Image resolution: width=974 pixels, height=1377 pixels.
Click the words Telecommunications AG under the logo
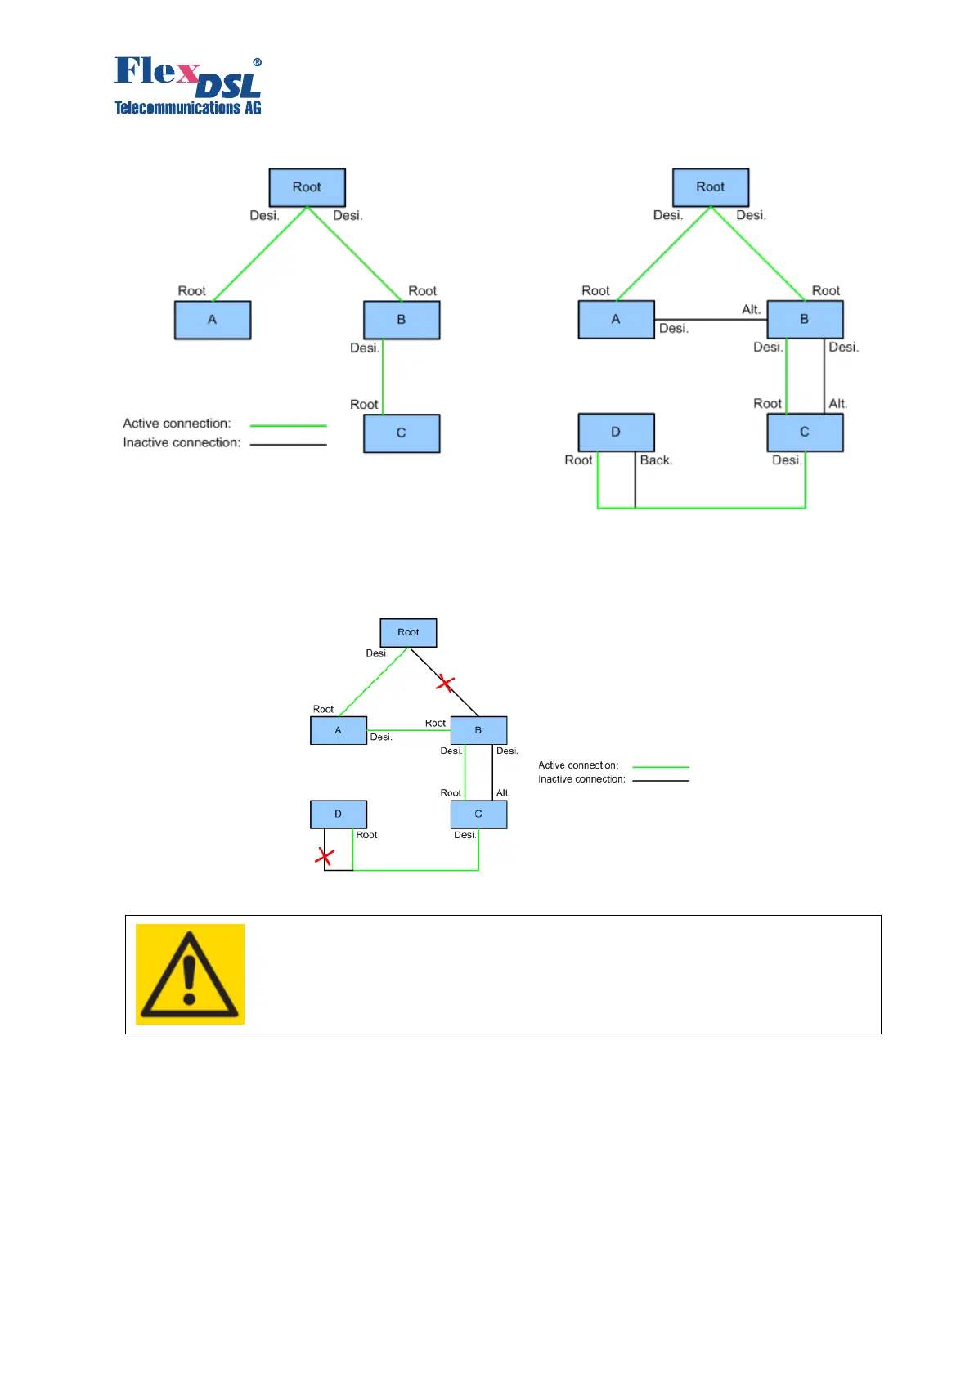coord(188,108)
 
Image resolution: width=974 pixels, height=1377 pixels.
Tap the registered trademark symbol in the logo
coord(257,62)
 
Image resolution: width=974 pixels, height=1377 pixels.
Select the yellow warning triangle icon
coord(190,974)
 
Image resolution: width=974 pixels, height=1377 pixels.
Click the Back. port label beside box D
coord(656,460)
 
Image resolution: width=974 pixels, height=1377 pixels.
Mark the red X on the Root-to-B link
coord(445,682)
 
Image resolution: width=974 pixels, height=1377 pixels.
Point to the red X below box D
coord(325,856)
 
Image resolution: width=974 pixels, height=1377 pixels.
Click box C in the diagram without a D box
coord(402,433)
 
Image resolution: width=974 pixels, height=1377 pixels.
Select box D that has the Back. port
coord(616,432)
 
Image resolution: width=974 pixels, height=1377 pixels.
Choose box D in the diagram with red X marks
coord(339,814)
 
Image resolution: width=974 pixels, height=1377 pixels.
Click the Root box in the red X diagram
coord(408,632)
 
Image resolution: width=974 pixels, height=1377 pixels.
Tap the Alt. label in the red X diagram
coord(503,793)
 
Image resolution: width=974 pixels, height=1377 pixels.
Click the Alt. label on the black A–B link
coord(751,309)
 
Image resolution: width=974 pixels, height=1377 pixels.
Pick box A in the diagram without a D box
coord(213,320)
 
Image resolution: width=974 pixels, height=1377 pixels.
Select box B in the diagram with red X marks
coord(478,730)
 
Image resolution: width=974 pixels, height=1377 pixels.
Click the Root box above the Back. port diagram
coord(710,187)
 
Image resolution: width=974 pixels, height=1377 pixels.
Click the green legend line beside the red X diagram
coord(661,767)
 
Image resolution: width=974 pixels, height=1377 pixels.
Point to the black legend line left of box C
coord(288,445)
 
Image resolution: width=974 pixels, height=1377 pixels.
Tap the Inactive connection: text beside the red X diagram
coord(581,779)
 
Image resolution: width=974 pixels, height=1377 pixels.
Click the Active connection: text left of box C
coord(177,424)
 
